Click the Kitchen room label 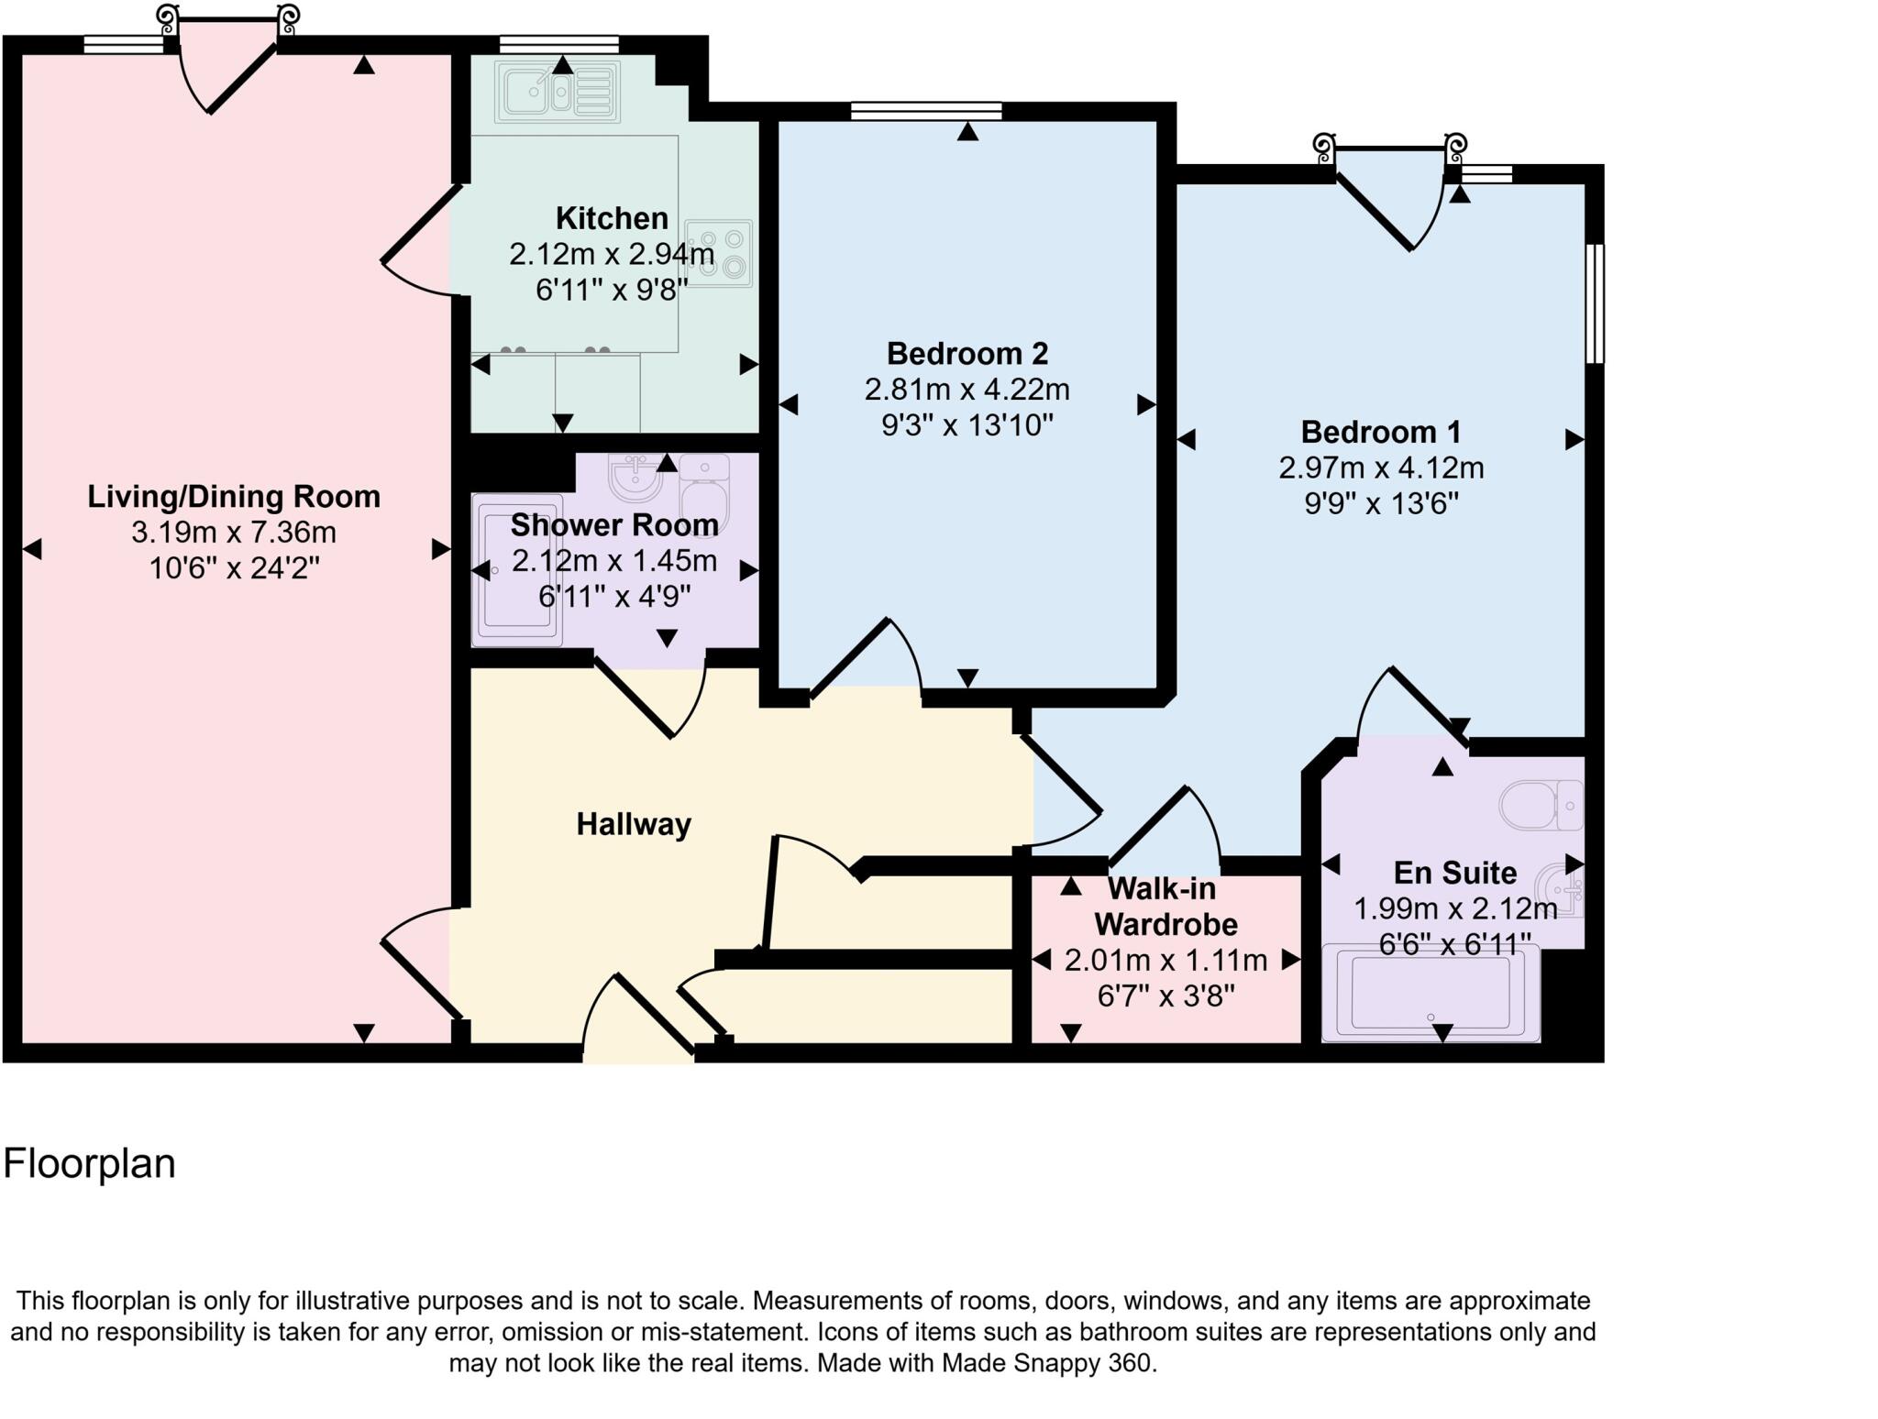click(612, 219)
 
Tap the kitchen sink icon click(557, 92)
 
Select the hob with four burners click(719, 253)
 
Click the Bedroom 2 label click(967, 353)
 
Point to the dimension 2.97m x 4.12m click(1381, 468)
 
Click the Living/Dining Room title click(234, 497)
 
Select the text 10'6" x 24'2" click(234, 569)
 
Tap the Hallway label click(633, 824)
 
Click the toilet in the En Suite click(1541, 806)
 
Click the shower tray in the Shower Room click(516, 570)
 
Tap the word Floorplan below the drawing click(89, 1163)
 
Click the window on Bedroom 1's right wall click(1595, 303)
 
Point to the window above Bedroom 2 click(926, 112)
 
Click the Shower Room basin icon click(635, 478)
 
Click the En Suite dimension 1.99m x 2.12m click(1455, 909)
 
